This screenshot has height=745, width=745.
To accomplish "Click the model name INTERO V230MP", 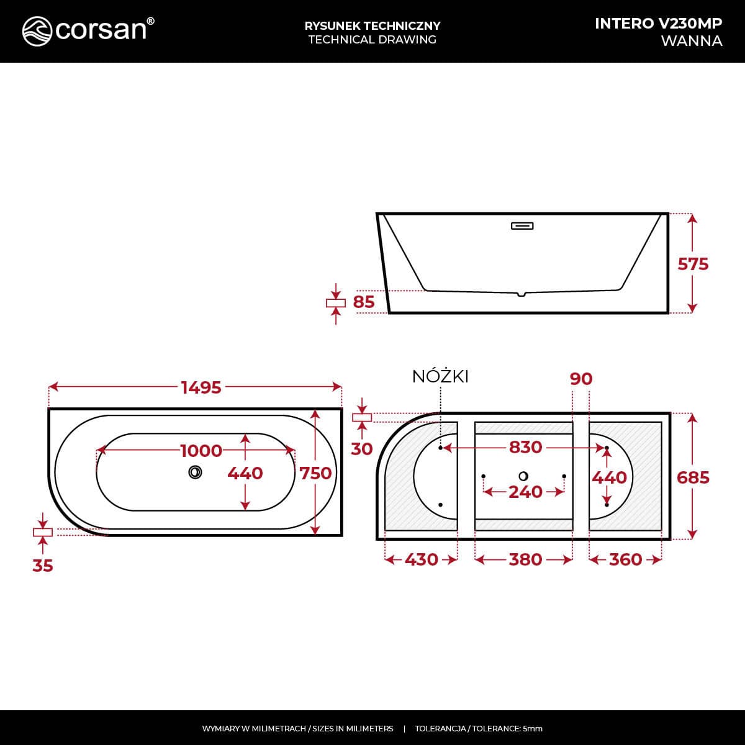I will tap(658, 23).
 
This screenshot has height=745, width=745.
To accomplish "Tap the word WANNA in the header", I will tap(691, 41).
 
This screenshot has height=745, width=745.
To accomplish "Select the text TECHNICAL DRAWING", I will tap(372, 40).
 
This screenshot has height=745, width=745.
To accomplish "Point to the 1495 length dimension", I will tap(201, 387).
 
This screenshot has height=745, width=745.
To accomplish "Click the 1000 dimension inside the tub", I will tap(201, 450).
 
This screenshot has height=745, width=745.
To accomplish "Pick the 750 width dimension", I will tap(315, 473).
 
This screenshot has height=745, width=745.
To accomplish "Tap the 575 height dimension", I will tap(693, 264).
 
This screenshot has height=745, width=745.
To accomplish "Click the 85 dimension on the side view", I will tap(364, 302).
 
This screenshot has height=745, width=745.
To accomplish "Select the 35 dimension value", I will tap(43, 566).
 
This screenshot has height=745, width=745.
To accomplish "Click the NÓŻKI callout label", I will tap(440, 376).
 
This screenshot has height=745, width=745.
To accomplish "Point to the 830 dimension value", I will tap(525, 447).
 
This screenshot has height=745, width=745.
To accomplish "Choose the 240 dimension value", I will tap(525, 492).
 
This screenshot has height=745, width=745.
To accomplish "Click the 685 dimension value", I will tap(693, 477).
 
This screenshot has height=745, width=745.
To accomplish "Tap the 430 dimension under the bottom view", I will tap(421, 559).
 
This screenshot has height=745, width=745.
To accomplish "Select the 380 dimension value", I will tap(525, 559).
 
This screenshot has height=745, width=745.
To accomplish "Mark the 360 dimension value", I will tap(625, 559).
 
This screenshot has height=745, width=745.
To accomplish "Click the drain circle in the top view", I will tap(195, 472).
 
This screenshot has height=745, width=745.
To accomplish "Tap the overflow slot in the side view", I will tap(522, 226).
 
